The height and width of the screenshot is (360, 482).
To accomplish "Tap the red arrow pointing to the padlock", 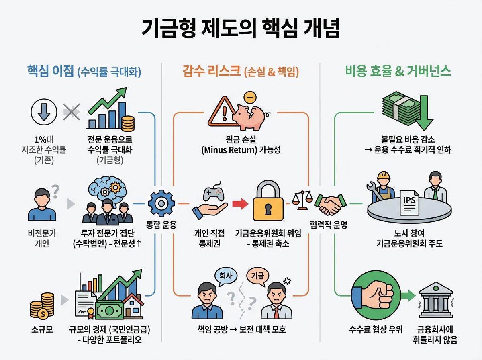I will point(240,205).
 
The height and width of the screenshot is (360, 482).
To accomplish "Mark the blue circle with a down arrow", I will point(43,112).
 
